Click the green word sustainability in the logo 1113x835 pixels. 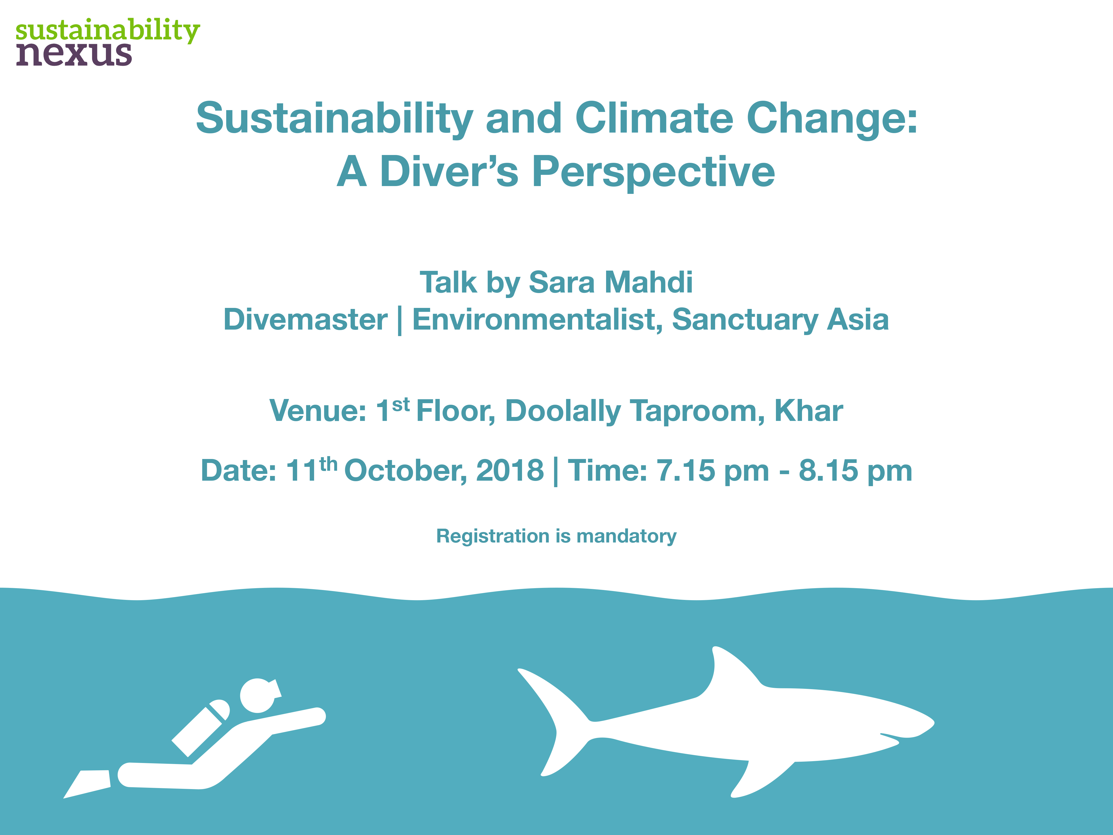click(x=108, y=30)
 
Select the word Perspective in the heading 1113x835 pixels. click(x=653, y=172)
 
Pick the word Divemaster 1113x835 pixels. click(x=306, y=320)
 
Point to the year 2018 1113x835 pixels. click(x=510, y=470)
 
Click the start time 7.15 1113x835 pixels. click(x=685, y=470)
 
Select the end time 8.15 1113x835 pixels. click(x=828, y=470)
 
